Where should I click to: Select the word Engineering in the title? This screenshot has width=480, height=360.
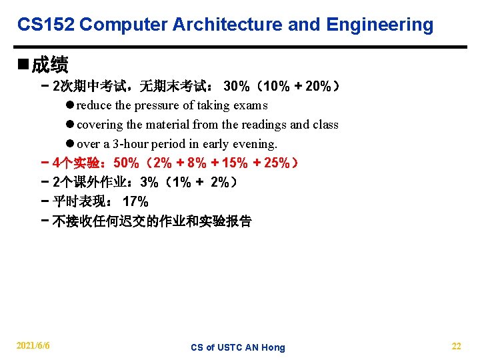[x=380, y=25]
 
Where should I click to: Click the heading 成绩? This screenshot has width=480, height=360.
[x=49, y=65]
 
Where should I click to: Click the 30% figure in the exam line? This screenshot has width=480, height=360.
[x=237, y=86]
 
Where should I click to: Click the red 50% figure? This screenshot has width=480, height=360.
[x=127, y=163]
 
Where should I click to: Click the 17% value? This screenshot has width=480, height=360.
[x=136, y=202]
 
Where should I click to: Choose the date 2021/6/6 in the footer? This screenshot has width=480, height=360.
[x=33, y=346]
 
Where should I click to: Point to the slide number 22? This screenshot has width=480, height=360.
[x=456, y=346]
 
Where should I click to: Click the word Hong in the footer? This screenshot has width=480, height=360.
[x=273, y=347]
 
